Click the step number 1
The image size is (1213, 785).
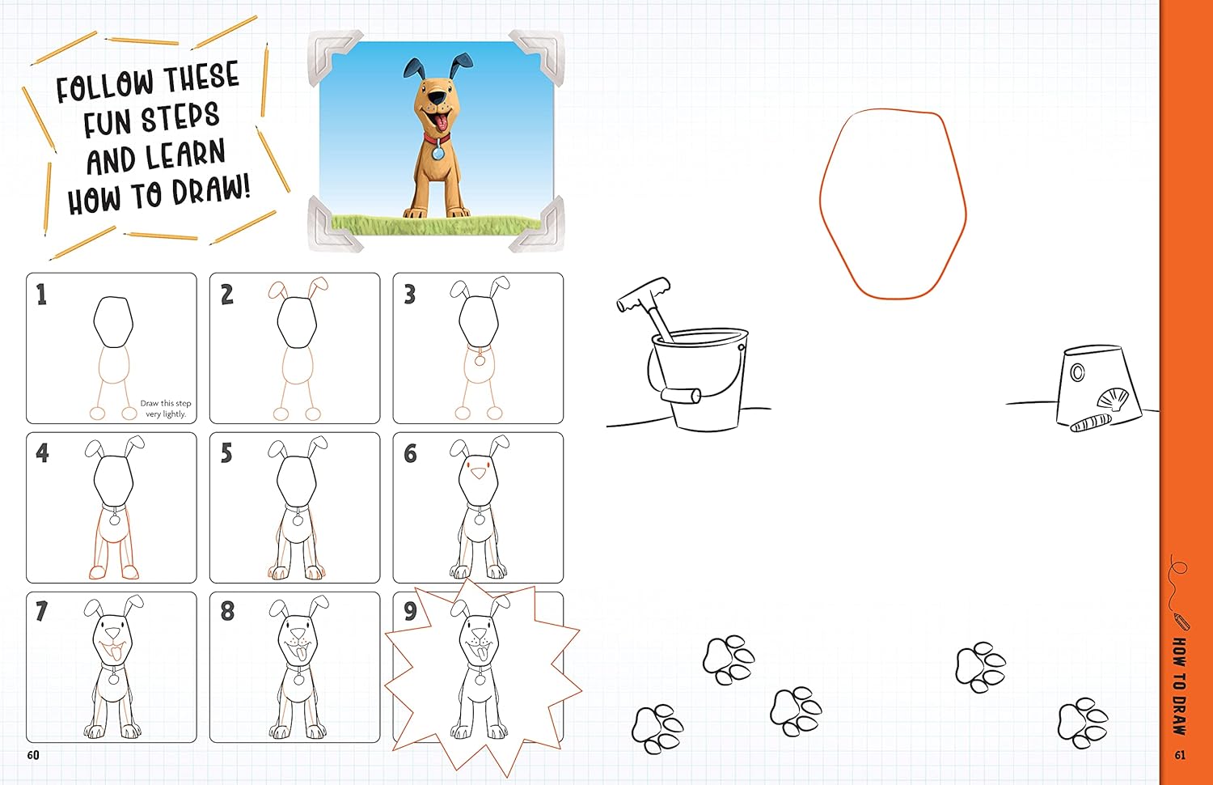(41, 295)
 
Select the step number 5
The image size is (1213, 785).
(226, 453)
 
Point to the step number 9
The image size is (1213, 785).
(410, 611)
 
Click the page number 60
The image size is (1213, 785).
(32, 755)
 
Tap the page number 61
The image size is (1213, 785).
(1180, 755)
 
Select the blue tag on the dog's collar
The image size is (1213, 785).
(437, 152)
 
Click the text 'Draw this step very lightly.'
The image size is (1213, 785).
(165, 409)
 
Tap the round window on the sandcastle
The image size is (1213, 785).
(1077, 372)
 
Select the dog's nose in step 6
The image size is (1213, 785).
(480, 475)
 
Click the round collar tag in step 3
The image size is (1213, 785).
(480, 360)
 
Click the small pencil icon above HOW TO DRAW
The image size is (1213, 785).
(1181, 622)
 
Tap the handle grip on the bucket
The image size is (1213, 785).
(681, 395)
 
